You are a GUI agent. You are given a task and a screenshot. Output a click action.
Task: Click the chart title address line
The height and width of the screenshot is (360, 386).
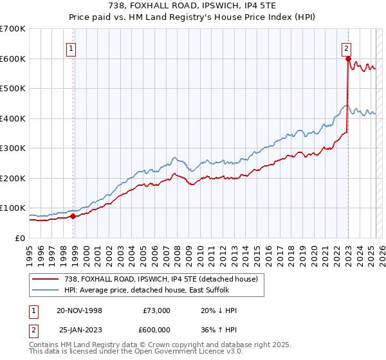[192, 6]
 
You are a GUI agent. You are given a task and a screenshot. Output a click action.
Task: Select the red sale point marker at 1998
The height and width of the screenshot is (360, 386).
[73, 216]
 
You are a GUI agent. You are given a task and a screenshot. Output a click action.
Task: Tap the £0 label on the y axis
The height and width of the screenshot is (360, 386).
[20, 238]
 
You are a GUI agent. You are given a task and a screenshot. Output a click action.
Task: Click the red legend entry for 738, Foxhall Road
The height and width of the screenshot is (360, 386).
[161, 278]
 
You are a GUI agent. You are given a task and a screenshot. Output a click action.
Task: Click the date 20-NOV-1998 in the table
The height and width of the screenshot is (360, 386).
[79, 310]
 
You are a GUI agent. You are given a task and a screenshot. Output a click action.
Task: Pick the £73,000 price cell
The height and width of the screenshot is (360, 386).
[156, 310]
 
